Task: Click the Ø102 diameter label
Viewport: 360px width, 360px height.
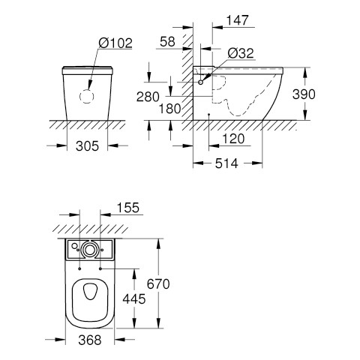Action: tap(115, 43)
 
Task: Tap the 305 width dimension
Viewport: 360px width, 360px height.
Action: tap(87, 145)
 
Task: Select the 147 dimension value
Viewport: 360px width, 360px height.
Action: tap(238, 20)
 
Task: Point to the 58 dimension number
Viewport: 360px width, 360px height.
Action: tap(167, 41)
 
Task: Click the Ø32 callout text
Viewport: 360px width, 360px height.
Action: tap(241, 53)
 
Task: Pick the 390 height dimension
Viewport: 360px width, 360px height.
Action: tap(304, 94)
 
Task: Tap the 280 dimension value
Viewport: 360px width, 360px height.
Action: tap(148, 97)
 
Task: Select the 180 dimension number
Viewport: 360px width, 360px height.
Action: tap(170, 109)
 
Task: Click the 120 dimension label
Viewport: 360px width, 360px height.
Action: tap(233, 139)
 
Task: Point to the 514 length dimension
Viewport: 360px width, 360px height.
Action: tap(226, 163)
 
